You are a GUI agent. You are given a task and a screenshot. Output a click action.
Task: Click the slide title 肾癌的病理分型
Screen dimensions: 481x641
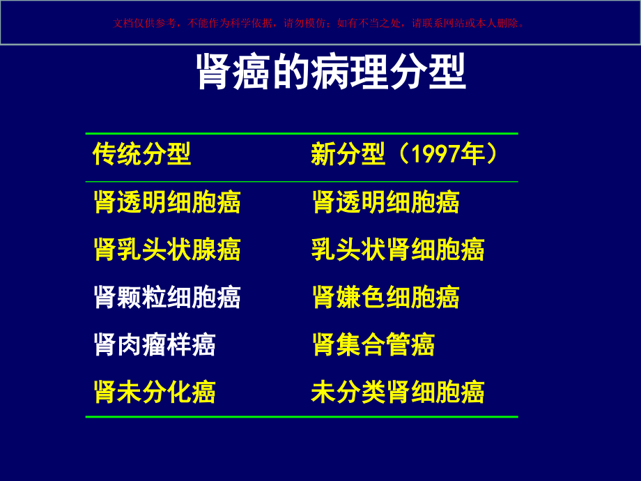click(331, 72)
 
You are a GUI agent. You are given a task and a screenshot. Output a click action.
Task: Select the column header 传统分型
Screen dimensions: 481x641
click(142, 154)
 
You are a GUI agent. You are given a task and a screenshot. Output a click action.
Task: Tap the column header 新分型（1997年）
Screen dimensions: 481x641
click(405, 154)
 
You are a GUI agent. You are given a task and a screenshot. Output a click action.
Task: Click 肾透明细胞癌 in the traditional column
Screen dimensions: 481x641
click(167, 202)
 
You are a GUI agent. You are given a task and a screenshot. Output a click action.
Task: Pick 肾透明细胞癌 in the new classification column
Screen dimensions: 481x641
click(385, 202)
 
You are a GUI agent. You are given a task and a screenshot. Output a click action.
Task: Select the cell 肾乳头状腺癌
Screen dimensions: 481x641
click(167, 249)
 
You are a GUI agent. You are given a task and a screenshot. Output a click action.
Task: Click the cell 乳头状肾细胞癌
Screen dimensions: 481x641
click(398, 249)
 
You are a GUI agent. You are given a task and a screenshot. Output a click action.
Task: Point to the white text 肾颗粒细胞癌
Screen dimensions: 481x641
click(167, 297)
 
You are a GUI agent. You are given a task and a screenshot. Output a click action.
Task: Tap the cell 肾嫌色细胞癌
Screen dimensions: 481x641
click(385, 297)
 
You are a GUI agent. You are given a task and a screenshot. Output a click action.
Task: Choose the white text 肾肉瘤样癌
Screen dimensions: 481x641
click(155, 344)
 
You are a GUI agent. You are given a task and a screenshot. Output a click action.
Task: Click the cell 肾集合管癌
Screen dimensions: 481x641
click(373, 344)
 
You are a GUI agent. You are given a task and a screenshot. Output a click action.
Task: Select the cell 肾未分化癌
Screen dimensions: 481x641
click(155, 392)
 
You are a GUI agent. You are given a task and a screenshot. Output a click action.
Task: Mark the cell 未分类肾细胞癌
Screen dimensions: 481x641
click(398, 392)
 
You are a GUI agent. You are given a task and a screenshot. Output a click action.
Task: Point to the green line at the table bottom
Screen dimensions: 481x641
click(302, 417)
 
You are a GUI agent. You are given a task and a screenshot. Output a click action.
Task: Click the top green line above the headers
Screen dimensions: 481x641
click(302, 133)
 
